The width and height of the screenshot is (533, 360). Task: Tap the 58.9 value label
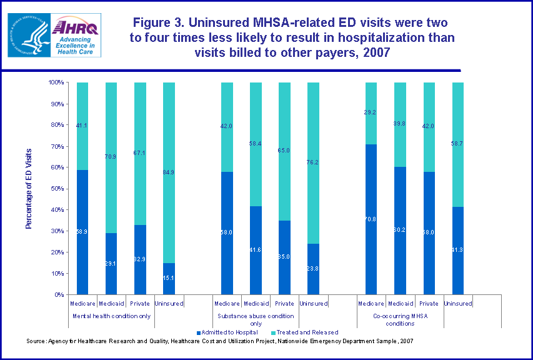click(82, 232)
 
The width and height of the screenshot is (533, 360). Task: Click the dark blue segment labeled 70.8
click(371, 219)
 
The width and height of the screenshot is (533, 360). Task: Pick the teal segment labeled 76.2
click(313, 162)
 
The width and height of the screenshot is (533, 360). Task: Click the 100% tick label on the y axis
click(56, 82)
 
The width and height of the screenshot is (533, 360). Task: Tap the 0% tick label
click(58, 294)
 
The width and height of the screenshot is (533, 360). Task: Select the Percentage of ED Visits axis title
click(29, 188)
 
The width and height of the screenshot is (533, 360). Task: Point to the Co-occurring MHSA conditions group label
click(400, 319)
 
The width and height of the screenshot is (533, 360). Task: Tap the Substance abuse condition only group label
click(256, 319)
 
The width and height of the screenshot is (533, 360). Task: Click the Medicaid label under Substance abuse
click(256, 304)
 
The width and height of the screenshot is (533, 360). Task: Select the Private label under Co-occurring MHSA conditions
click(429, 304)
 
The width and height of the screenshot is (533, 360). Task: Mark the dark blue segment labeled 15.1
click(169, 278)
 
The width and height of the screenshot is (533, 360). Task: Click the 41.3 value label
click(457, 251)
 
